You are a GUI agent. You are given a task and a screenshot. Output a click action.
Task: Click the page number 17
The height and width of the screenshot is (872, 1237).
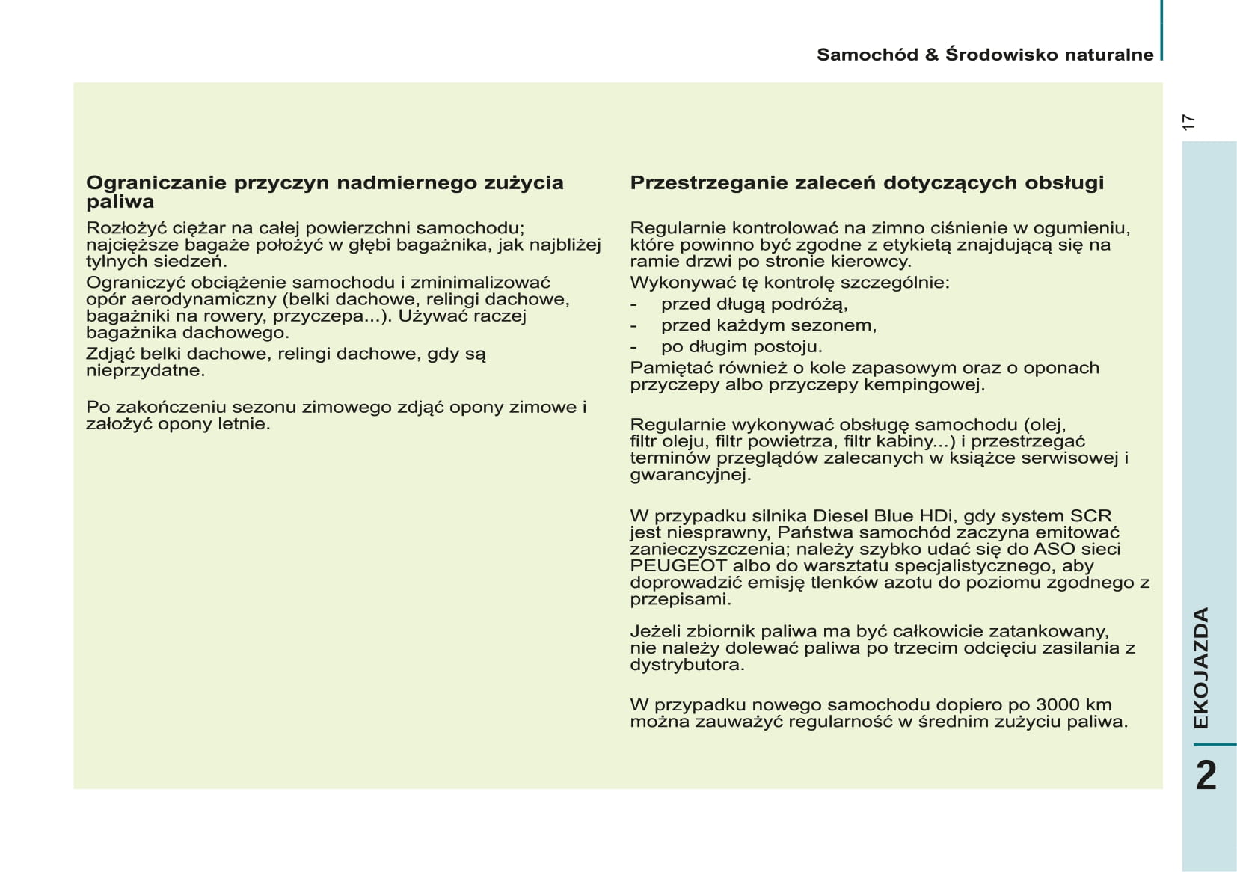coord(1188,123)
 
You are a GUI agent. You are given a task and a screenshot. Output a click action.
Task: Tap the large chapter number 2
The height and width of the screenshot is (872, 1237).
coord(1206,776)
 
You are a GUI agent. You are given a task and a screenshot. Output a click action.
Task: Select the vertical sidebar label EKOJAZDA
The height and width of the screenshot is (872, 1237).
coord(1201,668)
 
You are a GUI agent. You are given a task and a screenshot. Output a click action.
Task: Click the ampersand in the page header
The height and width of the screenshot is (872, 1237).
coord(931,55)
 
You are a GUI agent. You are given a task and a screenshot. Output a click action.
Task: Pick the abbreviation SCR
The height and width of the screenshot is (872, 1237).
coord(1091,516)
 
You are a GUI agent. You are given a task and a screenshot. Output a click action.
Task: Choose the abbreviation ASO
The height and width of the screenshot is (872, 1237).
coord(1055,550)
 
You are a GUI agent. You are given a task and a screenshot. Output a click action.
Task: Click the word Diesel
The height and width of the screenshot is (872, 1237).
coord(841,516)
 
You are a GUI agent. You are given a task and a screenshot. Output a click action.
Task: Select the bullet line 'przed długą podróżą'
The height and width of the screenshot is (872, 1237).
coord(754,304)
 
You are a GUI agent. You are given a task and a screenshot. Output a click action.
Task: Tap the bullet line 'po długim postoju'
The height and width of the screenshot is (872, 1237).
coord(741,347)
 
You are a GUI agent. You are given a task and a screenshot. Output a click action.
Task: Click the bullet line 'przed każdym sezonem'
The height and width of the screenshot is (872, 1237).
coord(768,326)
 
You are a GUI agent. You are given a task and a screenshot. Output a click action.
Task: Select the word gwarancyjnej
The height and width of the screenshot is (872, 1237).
coord(690,475)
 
